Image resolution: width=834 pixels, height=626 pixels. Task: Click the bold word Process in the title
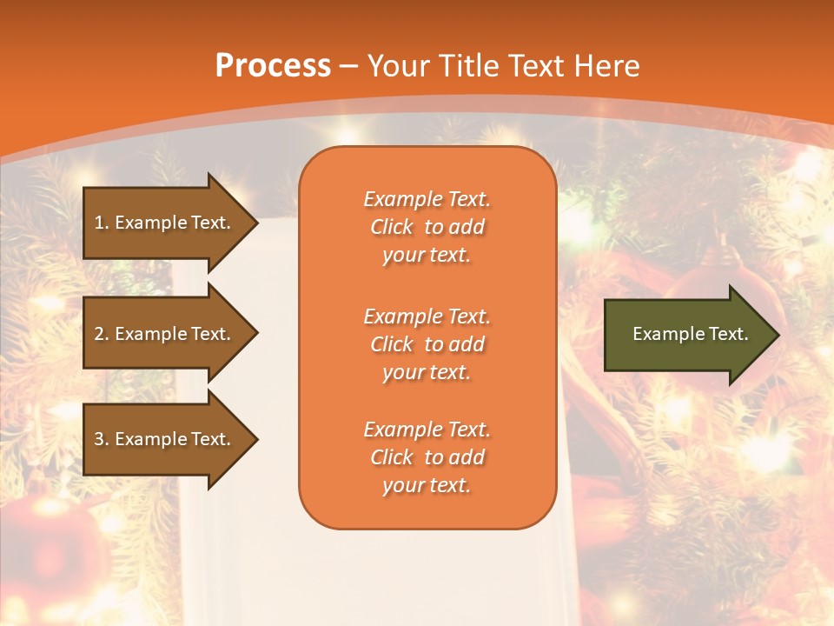click(x=273, y=66)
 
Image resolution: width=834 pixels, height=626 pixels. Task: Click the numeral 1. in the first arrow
click(x=102, y=223)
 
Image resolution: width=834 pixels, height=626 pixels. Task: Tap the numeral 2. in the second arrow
click(x=102, y=334)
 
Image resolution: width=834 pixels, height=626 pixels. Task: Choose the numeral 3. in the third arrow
click(x=102, y=439)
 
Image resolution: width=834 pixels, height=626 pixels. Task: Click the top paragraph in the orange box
click(x=427, y=227)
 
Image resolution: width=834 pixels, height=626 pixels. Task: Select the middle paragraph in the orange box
click(x=427, y=344)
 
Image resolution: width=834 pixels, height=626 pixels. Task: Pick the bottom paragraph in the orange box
click(x=427, y=457)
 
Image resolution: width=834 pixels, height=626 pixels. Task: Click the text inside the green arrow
click(x=690, y=334)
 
